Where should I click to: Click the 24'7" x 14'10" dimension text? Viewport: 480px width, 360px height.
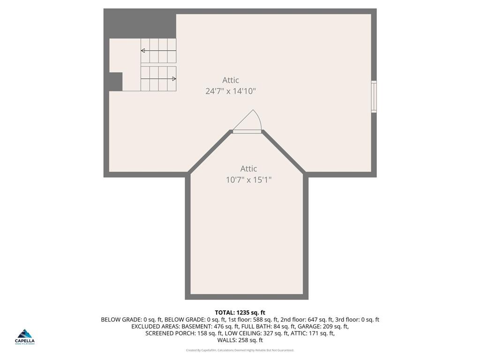pos(231,91)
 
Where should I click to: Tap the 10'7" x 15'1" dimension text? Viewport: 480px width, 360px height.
pos(249,179)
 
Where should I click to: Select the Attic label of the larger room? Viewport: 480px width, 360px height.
pos(231,80)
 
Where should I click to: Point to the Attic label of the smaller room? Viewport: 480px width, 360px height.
pos(249,168)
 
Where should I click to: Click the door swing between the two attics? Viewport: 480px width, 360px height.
pos(248,122)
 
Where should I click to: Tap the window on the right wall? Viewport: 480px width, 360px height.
pos(374,97)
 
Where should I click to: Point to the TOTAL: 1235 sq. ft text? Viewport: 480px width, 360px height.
pos(240,312)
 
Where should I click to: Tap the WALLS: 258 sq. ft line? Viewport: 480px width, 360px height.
pos(240,340)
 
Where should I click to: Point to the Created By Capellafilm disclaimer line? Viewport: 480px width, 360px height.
pos(240,350)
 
